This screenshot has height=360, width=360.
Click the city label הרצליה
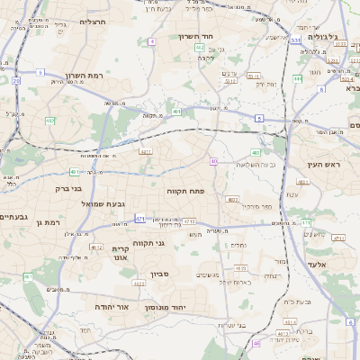[93, 21]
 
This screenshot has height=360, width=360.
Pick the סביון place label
[160, 274]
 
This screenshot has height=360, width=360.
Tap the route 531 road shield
[296, 40]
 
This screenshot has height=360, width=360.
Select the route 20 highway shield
[16, 81]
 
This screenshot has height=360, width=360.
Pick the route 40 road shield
[213, 161]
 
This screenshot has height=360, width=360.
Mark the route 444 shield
[297, 78]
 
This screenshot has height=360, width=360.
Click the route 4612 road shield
[96, 245]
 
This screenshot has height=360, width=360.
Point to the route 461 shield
[72, 171]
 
